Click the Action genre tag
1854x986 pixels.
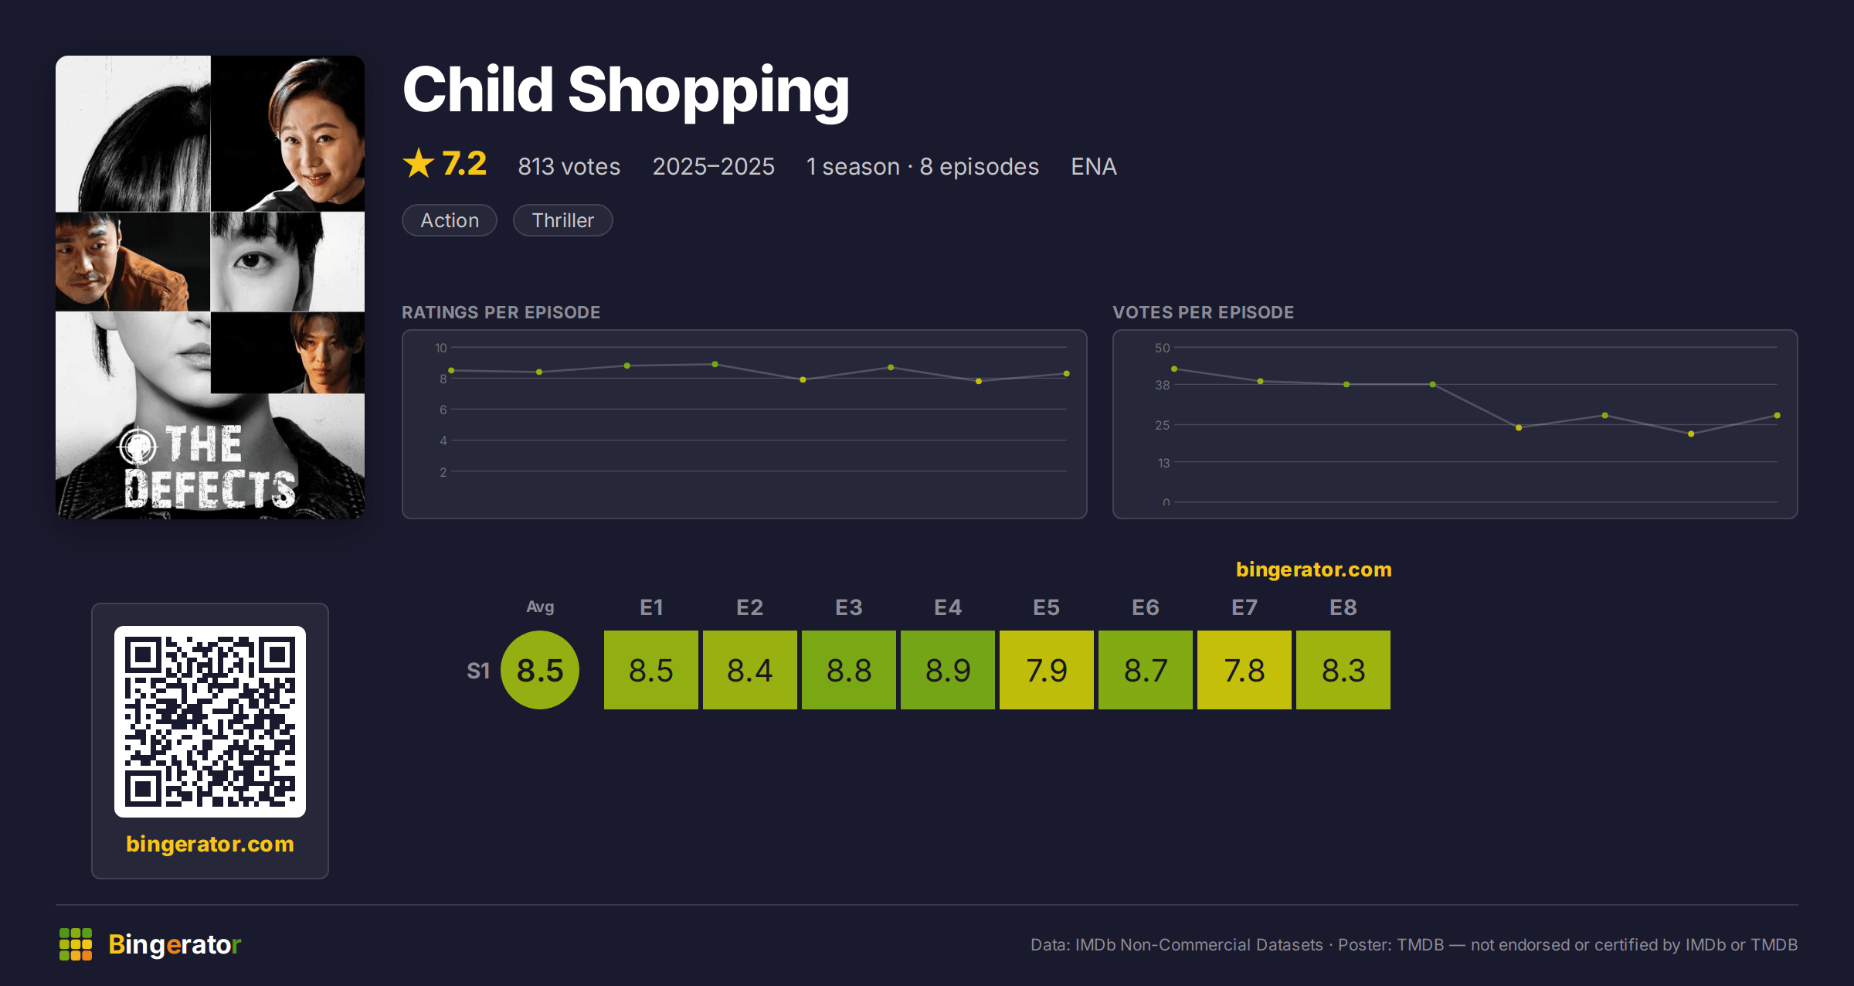click(450, 220)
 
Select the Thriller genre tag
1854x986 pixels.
click(562, 220)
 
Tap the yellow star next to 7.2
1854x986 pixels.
click(419, 163)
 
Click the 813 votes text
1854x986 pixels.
click(569, 166)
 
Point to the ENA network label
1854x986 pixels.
click(1093, 166)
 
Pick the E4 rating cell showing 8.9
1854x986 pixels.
click(948, 670)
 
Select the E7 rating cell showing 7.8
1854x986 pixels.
click(1244, 670)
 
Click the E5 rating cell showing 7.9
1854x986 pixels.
click(1047, 670)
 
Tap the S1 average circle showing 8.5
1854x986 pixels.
click(540, 670)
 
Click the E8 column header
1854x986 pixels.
click(1343, 607)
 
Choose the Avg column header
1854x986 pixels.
click(540, 607)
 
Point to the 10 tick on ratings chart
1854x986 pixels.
click(441, 348)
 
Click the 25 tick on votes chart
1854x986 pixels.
click(1163, 425)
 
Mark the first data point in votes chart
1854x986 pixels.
click(1174, 369)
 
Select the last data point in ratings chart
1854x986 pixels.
click(1067, 374)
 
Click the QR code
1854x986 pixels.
click(210, 722)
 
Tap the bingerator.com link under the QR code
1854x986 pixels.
click(210, 844)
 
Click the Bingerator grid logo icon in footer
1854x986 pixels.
click(76, 944)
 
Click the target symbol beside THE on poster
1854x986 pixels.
click(138, 445)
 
